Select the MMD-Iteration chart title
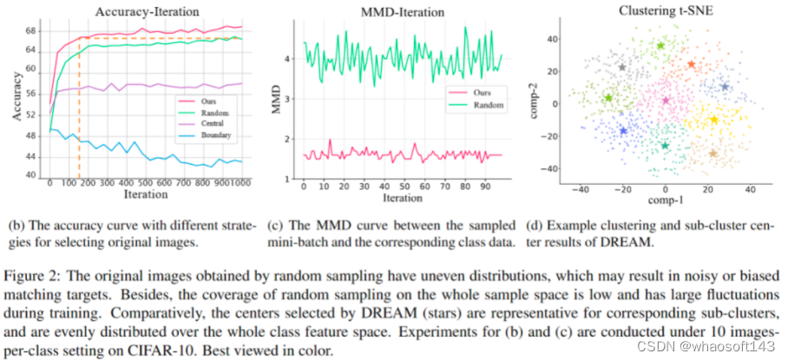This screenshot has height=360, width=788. [403, 11]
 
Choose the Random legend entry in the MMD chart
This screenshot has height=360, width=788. [475, 106]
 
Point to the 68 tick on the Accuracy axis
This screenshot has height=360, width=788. [31, 31]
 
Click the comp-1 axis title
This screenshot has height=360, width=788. [665, 200]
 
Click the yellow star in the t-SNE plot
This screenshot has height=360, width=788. [713, 120]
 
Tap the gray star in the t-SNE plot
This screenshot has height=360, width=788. [622, 68]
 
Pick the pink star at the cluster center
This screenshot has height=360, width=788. [666, 101]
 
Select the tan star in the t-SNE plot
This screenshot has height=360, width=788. [712, 154]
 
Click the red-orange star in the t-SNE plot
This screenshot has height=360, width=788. [691, 64]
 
